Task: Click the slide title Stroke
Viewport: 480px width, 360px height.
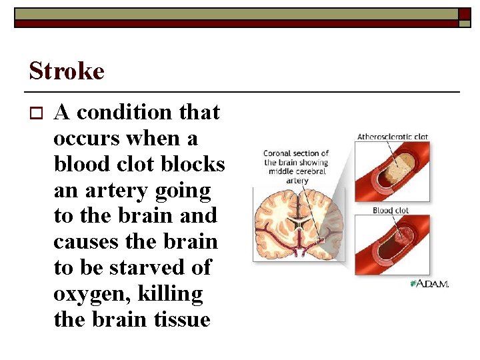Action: click(x=67, y=71)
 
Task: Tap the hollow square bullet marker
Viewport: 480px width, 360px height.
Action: click(x=35, y=113)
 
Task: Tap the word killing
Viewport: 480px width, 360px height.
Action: click(x=170, y=293)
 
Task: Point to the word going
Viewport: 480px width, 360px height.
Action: click(x=183, y=190)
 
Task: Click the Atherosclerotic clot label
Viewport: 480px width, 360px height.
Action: click(x=392, y=137)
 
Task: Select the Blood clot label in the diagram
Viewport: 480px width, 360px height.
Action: click(x=391, y=211)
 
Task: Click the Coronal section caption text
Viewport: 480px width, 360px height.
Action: click(x=296, y=167)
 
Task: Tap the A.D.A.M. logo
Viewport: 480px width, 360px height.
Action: click(x=429, y=284)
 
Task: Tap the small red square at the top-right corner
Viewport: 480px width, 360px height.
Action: click(x=465, y=13)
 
